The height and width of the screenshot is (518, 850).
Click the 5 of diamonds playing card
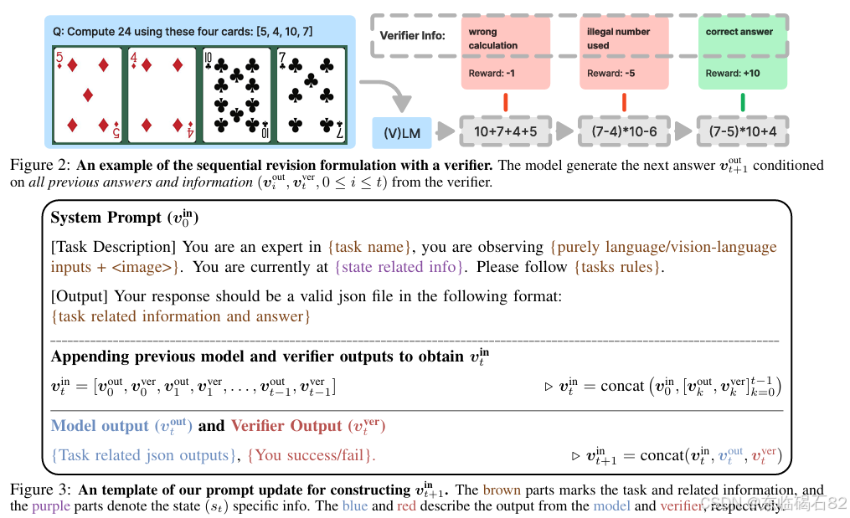[x=89, y=94]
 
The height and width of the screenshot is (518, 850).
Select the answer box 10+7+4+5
[x=505, y=131]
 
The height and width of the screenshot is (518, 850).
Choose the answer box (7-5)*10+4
[x=743, y=131]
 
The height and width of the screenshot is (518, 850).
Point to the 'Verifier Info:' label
[x=413, y=36]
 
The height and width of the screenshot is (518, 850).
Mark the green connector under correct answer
[x=743, y=102]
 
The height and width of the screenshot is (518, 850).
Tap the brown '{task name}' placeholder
[x=369, y=248]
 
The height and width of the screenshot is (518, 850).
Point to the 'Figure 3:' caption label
[x=43, y=490]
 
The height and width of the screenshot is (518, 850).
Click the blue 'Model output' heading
[x=99, y=426]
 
